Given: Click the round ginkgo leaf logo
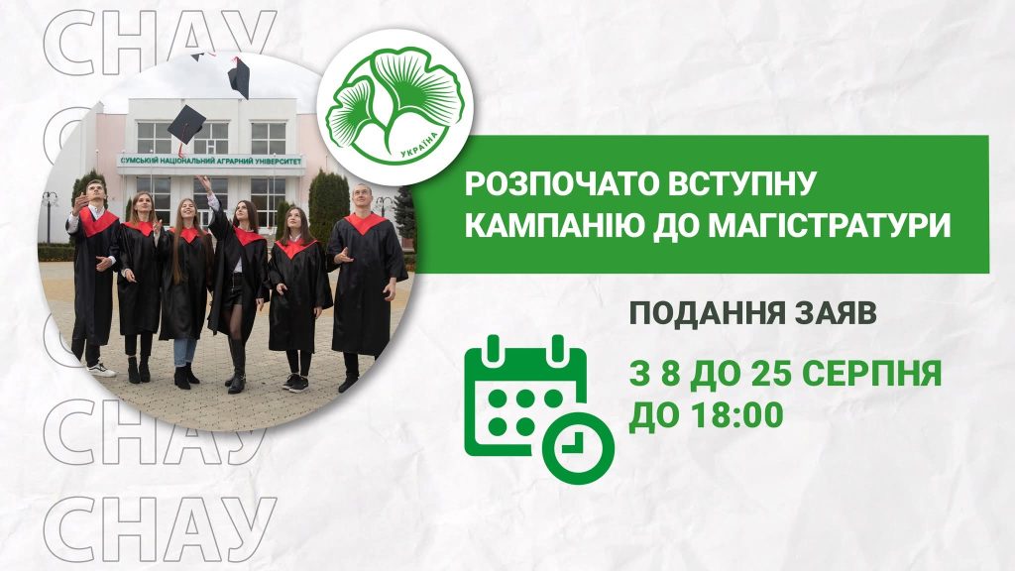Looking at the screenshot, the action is [395, 107].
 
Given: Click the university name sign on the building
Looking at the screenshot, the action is [211, 161].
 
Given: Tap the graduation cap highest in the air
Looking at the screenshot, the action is [240, 77].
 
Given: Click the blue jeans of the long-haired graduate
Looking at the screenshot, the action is [183, 352].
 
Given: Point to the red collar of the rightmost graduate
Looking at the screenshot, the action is [364, 223].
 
